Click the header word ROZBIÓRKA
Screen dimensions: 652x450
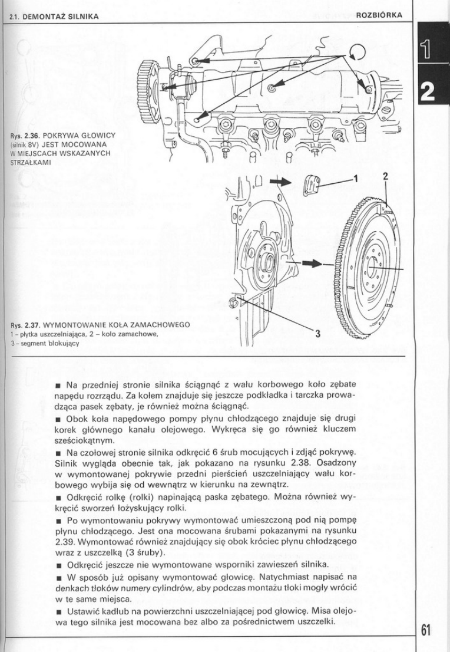[380, 16]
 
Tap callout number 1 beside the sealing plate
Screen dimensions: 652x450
[355, 177]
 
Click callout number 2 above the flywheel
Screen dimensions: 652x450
[385, 176]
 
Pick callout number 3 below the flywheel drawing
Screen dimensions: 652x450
[316, 335]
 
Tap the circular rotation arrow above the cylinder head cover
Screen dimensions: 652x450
[358, 51]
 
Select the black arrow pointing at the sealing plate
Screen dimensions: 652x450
[280, 182]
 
